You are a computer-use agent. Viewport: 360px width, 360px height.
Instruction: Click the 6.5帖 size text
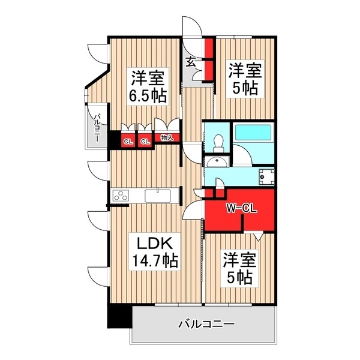pyautogui.click(x=147, y=95)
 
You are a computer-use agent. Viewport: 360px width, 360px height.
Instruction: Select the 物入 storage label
pyautogui.click(x=166, y=137)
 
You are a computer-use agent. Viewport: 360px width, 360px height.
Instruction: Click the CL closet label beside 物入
pyautogui.click(x=145, y=142)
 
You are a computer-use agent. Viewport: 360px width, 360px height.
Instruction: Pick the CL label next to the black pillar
pyautogui.click(x=127, y=142)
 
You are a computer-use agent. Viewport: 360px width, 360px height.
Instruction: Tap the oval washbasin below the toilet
pyautogui.click(x=216, y=162)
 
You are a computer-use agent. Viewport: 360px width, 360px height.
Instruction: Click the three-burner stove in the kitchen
pyautogui.click(x=121, y=196)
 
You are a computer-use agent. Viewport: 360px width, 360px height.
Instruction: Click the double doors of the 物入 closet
pyautogui.click(x=166, y=125)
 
